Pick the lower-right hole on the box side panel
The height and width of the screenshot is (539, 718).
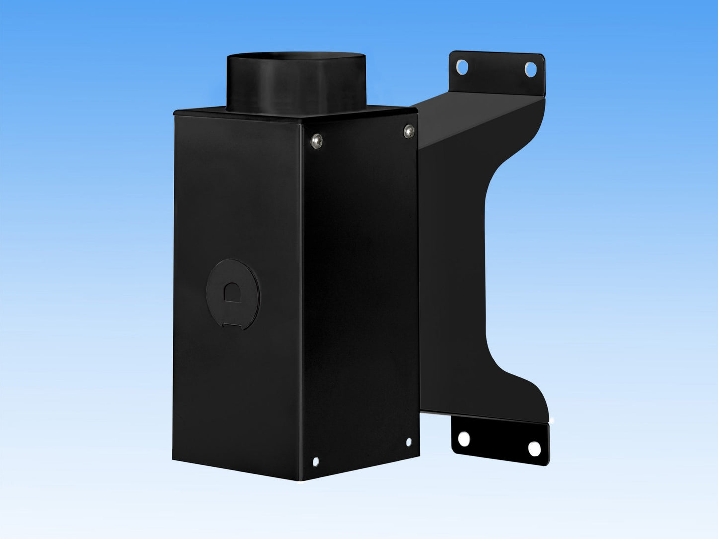point(409,441)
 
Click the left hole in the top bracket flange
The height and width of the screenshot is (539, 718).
point(462,66)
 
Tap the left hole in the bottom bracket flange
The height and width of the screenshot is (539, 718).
point(463,439)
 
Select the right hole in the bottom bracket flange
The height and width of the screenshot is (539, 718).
point(534,449)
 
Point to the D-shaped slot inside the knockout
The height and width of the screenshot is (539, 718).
point(232,292)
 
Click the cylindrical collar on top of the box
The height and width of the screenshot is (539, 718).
point(297,85)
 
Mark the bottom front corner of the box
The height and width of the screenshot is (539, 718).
point(300,478)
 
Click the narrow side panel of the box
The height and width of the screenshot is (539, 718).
point(360,298)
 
